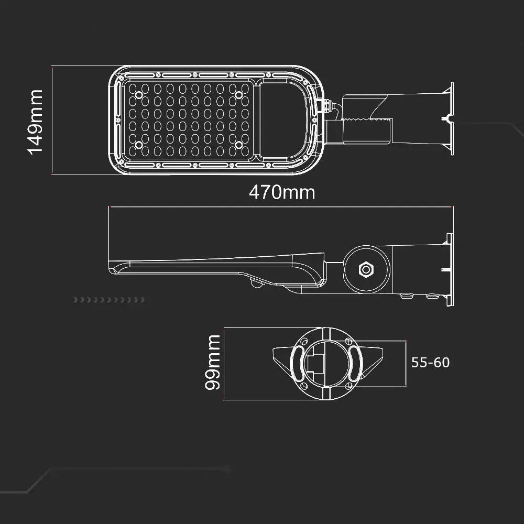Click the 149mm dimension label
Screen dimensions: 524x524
point(35,122)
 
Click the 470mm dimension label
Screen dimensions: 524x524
point(282,192)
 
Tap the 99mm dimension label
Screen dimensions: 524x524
point(213,362)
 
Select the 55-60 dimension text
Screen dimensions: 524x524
point(430,363)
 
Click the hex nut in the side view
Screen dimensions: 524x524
point(366,269)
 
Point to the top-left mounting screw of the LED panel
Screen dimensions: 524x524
point(139,95)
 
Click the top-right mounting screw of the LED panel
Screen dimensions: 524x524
point(238,95)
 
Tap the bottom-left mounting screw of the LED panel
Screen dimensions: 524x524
point(139,145)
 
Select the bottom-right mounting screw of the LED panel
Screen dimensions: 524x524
point(238,145)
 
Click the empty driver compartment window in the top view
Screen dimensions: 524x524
point(282,120)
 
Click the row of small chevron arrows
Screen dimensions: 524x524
point(109,300)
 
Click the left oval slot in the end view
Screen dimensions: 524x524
point(297,364)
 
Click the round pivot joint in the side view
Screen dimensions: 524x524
point(367,269)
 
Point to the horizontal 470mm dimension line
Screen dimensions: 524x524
point(281,207)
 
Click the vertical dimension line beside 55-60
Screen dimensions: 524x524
point(406,364)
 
